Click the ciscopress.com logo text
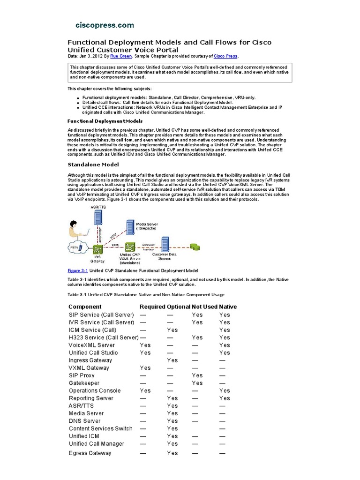click(105, 25)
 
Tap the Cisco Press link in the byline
click(226, 56)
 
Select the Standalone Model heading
click(93, 165)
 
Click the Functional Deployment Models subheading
click(97, 121)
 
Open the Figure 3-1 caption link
click(78, 270)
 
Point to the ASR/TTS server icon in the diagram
click(98, 222)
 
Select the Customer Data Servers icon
click(165, 244)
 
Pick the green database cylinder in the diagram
click(194, 246)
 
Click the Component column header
click(85, 307)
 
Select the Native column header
click(228, 307)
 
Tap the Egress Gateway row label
click(90, 453)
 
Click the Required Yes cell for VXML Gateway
click(145, 368)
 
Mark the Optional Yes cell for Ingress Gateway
click(172, 360)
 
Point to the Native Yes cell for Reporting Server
click(225, 398)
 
